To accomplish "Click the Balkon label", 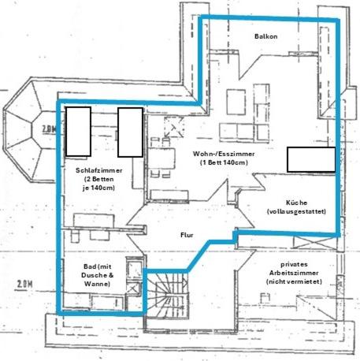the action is pyautogui.click(x=265, y=36).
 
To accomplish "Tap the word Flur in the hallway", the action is pyautogui.click(x=187, y=235).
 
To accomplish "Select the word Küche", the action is pyautogui.click(x=296, y=203).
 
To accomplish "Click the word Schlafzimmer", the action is pyautogui.click(x=99, y=170).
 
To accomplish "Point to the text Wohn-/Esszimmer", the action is pyautogui.click(x=224, y=154).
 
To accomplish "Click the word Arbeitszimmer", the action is pyautogui.click(x=294, y=273).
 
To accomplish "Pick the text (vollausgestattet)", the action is pyautogui.click(x=296, y=211).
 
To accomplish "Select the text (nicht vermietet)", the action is pyautogui.click(x=294, y=281).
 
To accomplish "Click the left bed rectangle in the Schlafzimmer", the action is pyautogui.click(x=78, y=132).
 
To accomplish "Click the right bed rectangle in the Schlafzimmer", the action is pyautogui.click(x=130, y=132).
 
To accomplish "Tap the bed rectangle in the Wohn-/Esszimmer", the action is pyautogui.click(x=311, y=159).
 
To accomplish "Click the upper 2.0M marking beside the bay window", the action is pyautogui.click(x=49, y=129).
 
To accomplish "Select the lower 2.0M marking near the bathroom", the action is pyautogui.click(x=24, y=285).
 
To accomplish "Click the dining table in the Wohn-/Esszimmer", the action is pyautogui.click(x=161, y=158).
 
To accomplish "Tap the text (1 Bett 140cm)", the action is pyautogui.click(x=224, y=162).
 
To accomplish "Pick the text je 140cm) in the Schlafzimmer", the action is pyautogui.click(x=99, y=188).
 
